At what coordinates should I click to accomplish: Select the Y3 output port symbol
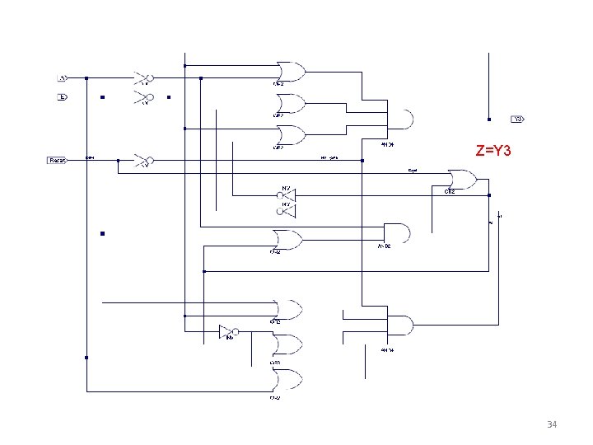click(517, 119)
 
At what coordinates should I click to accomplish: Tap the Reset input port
click(57, 160)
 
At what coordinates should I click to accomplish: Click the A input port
click(62, 78)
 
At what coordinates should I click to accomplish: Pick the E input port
click(62, 97)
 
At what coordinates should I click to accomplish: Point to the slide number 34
click(552, 424)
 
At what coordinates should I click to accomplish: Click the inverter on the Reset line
click(144, 160)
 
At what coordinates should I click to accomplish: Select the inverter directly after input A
click(144, 78)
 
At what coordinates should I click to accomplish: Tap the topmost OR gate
click(291, 72)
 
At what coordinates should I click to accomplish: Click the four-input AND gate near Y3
click(400, 120)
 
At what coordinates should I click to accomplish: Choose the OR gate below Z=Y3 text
click(461, 179)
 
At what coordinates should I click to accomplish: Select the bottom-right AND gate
click(400, 326)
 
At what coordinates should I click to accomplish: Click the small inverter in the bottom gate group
click(228, 331)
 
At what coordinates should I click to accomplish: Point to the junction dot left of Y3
click(489, 119)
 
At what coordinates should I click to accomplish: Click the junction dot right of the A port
click(86, 78)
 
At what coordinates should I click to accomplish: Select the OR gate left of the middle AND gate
click(289, 240)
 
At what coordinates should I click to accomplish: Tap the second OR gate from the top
click(291, 104)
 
